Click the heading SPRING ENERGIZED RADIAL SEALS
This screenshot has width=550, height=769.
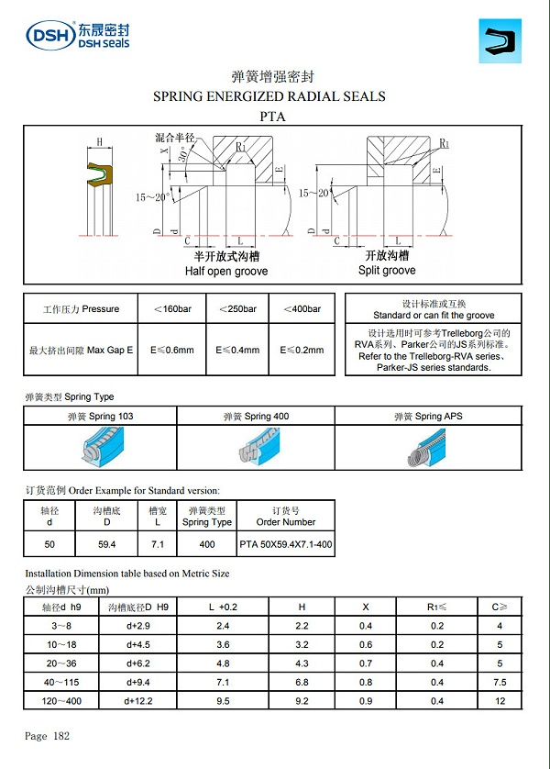tap(269, 95)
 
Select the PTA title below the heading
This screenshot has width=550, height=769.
tap(273, 116)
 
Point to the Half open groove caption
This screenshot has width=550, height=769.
tap(225, 272)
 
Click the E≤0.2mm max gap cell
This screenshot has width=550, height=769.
tap(302, 350)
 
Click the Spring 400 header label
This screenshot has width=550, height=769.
tap(256, 417)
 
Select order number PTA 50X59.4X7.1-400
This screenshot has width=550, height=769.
tap(285, 544)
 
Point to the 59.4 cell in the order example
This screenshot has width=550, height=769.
tap(106, 544)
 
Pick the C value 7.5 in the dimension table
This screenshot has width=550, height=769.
tap(500, 681)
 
